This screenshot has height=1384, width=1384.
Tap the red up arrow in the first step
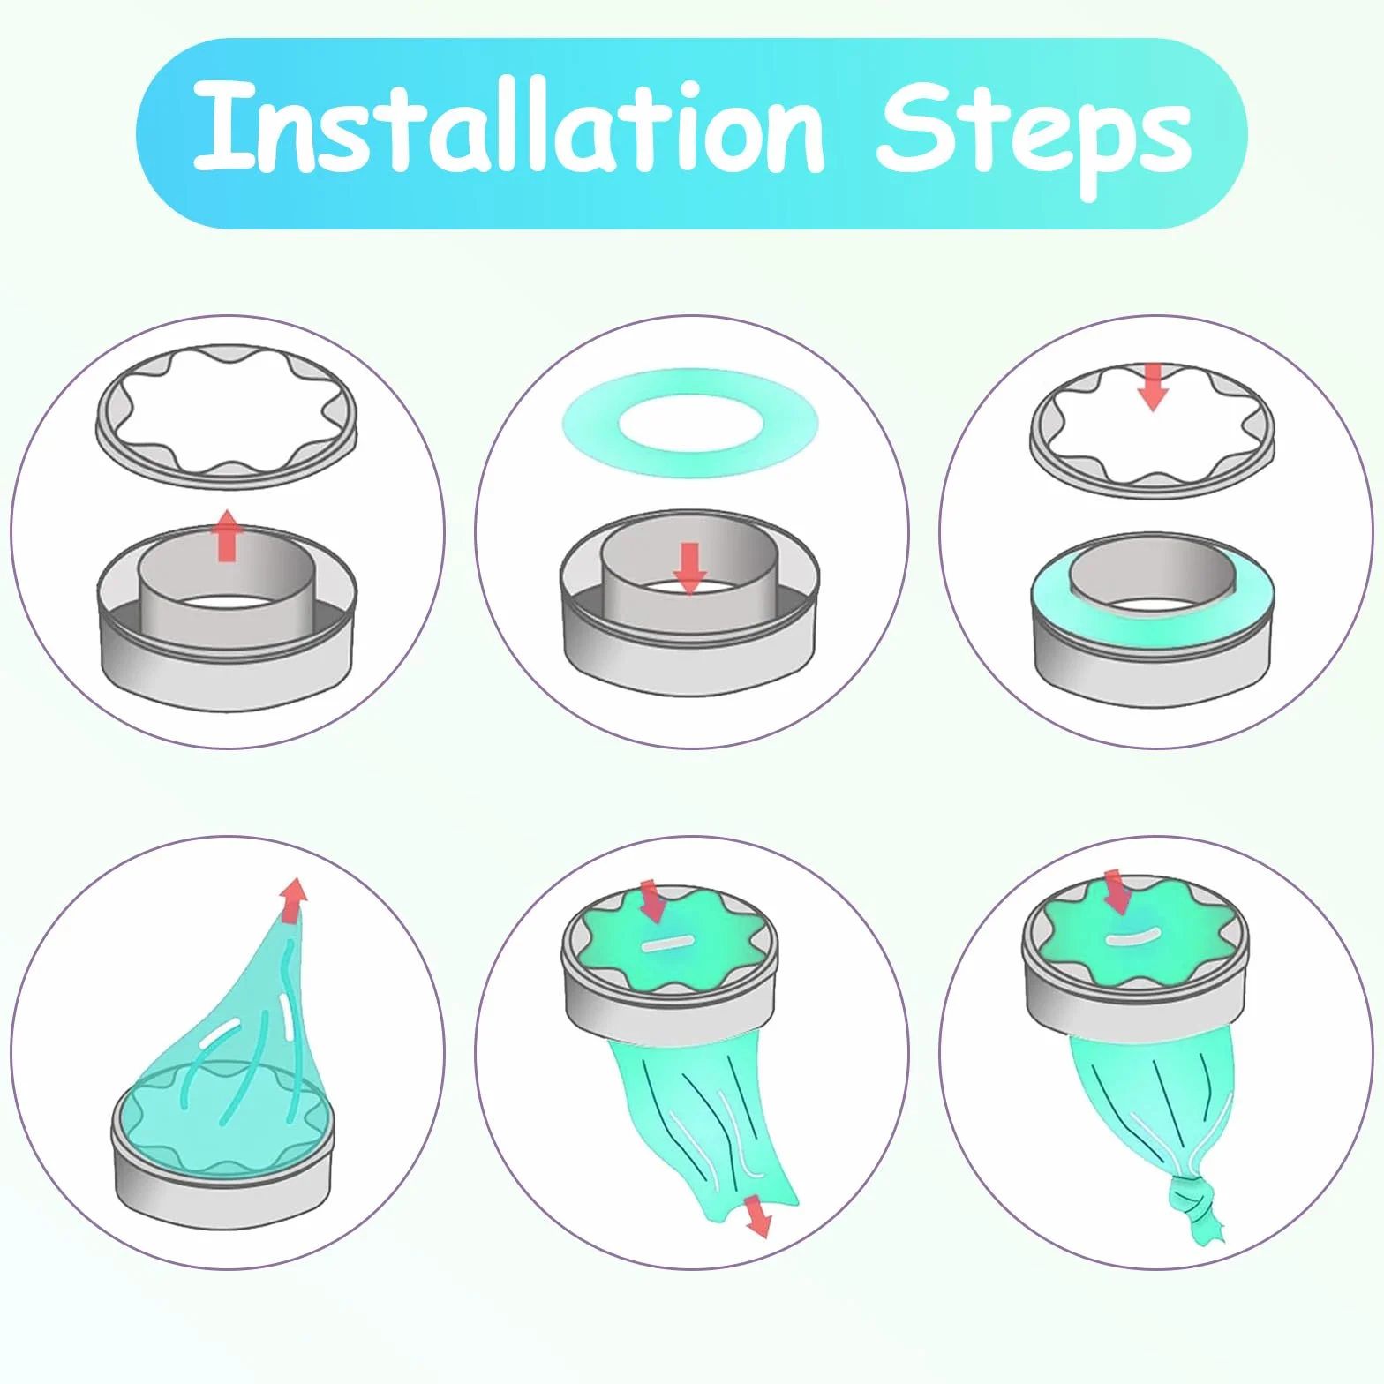pyautogui.click(x=227, y=535)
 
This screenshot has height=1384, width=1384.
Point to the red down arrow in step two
pyautogui.click(x=689, y=568)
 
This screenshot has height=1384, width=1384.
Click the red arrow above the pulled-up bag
pyautogui.click(x=295, y=899)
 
